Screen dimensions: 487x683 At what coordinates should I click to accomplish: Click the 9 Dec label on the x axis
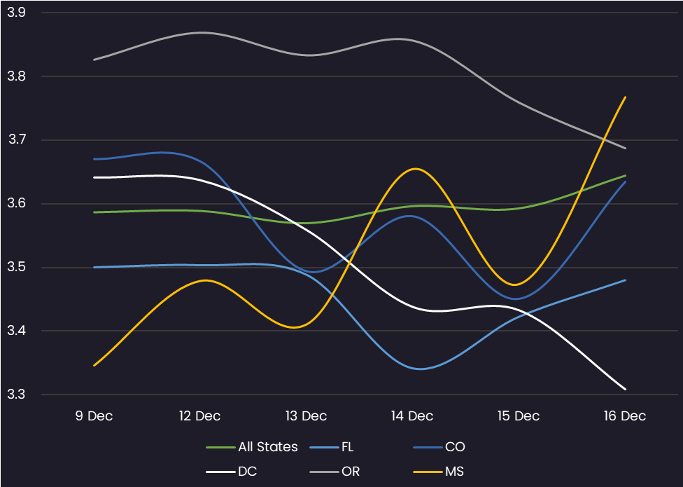94,416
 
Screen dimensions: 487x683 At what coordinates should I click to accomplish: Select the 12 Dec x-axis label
200,416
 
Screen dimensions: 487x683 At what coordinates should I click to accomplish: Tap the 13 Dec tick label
306,416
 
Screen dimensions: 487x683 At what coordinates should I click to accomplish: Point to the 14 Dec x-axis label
412,416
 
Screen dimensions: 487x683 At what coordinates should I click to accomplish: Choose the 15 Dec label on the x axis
519,416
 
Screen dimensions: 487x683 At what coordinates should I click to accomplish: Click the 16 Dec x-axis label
625,416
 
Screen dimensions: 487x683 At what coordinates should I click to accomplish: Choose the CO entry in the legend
455,447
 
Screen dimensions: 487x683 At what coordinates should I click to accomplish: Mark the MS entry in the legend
454,472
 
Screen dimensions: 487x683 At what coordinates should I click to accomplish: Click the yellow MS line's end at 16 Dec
625,97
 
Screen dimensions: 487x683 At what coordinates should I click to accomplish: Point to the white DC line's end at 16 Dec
625,389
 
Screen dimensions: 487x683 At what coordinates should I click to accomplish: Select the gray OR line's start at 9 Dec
94,60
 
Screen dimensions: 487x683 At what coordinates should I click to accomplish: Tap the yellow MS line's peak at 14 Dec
416,168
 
